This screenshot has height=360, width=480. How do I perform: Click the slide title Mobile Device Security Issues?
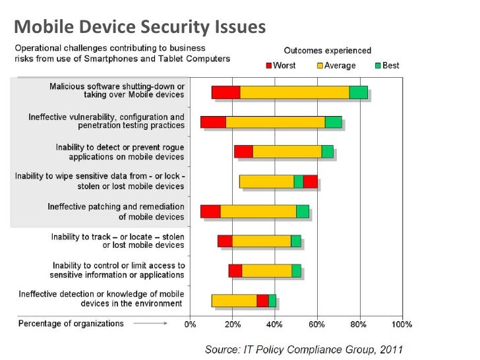click(x=140, y=26)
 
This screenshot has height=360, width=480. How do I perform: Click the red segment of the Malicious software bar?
click(x=225, y=92)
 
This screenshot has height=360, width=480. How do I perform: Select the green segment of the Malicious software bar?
click(x=358, y=92)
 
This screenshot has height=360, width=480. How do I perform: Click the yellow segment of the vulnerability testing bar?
click(x=275, y=122)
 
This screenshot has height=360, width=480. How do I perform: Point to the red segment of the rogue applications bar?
click(x=243, y=152)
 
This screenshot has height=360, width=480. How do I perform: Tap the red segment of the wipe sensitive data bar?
click(x=311, y=181)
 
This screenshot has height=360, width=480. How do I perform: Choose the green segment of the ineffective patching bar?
click(x=302, y=211)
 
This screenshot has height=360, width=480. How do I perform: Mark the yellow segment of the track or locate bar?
click(x=261, y=241)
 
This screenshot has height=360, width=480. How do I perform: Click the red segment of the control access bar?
click(x=235, y=270)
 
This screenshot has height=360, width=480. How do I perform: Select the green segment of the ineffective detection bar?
click(x=272, y=301)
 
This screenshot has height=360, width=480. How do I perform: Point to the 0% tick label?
click(x=191, y=324)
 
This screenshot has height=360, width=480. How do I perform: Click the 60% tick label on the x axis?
click(x=317, y=324)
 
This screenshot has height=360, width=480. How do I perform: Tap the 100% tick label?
click(x=402, y=324)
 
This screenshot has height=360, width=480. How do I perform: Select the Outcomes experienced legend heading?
click(x=327, y=50)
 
